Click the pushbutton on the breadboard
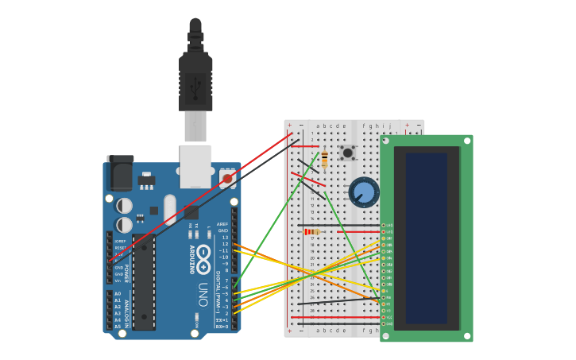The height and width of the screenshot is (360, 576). (347, 153)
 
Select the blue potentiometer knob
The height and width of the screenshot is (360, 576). (364, 192)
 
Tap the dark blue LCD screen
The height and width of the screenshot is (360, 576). (427, 238)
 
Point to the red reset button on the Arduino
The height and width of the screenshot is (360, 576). (227, 179)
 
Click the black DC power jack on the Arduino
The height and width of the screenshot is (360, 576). (120, 172)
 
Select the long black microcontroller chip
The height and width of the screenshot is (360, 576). (144, 282)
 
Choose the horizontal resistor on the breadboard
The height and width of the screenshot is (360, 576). (312, 232)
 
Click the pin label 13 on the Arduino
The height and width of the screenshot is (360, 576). (224, 238)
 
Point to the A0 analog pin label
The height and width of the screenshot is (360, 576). (118, 294)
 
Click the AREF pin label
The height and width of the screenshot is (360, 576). (222, 224)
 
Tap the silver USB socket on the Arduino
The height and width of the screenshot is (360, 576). (195, 165)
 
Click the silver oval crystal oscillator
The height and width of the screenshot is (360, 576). (170, 209)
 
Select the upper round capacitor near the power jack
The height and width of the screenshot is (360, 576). (125, 206)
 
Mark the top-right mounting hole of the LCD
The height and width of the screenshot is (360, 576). (467, 141)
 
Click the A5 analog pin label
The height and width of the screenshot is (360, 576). (118, 326)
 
